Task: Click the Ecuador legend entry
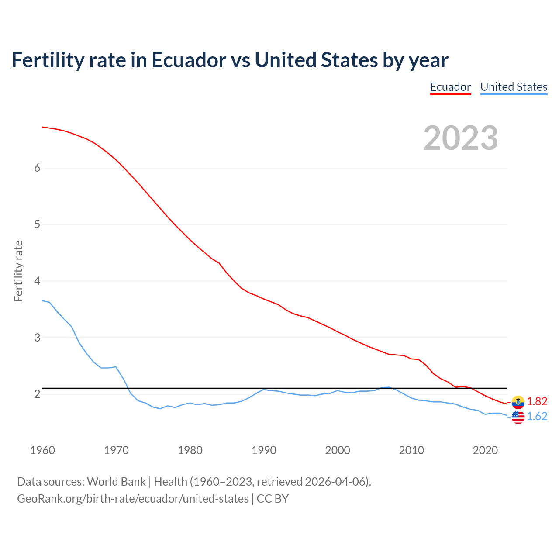click(450, 87)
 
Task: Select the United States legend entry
click(514, 87)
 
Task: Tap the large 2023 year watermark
click(461, 138)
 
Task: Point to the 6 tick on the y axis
click(37, 168)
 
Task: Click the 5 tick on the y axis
click(37, 224)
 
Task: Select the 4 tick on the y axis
click(37, 281)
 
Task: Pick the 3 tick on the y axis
click(37, 338)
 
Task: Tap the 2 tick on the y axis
click(37, 394)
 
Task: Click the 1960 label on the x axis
click(42, 450)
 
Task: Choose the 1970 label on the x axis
click(116, 450)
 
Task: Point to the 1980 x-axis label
click(190, 450)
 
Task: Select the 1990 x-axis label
click(264, 450)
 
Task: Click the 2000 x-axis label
click(338, 450)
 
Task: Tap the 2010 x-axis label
click(411, 450)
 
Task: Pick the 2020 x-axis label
click(485, 450)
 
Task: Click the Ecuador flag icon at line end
click(518, 402)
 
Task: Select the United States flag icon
click(518, 417)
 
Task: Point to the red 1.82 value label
click(537, 402)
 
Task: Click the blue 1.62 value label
click(537, 417)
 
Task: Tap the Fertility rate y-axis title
click(18, 271)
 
